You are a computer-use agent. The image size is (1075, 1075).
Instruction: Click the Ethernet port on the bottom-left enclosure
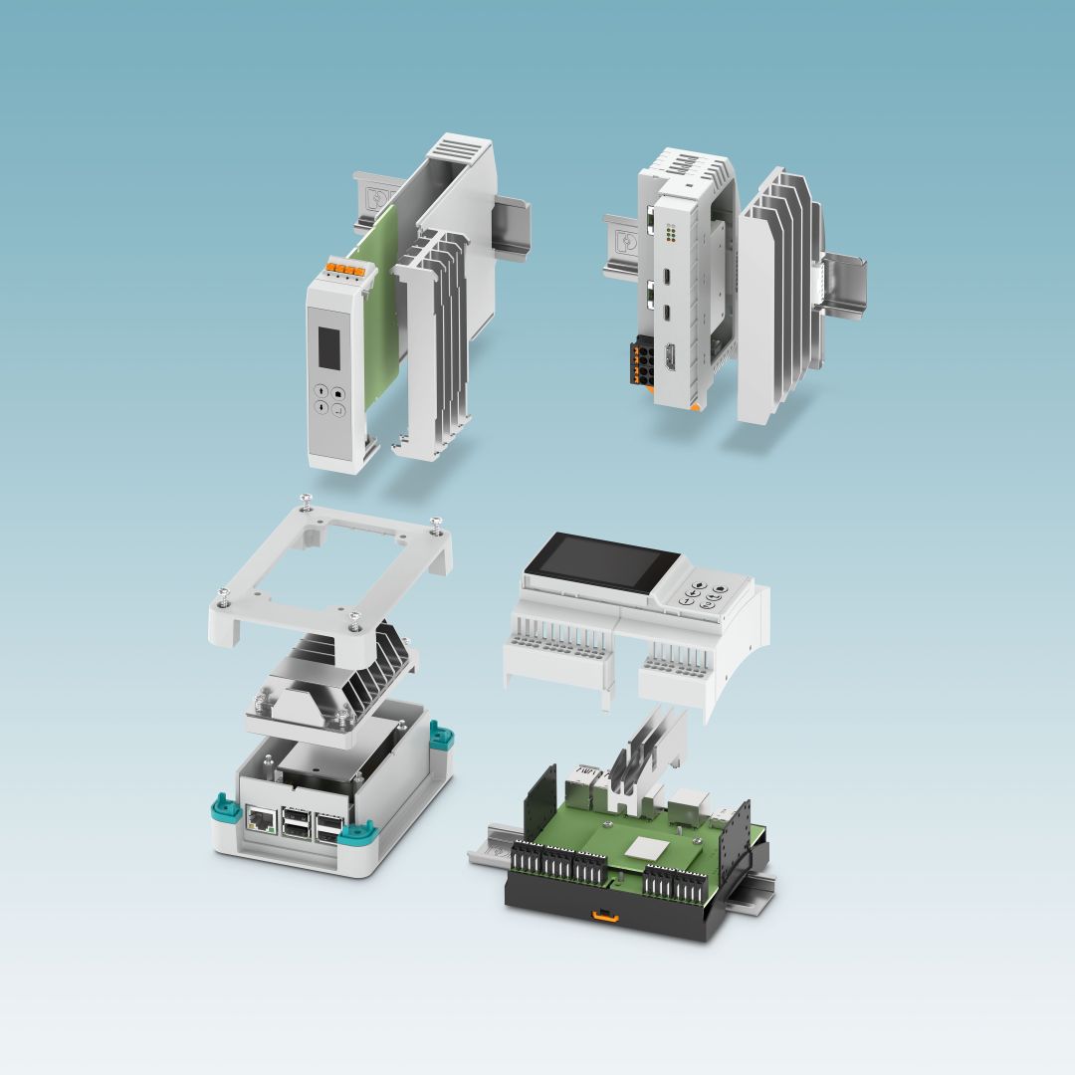click(261, 820)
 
